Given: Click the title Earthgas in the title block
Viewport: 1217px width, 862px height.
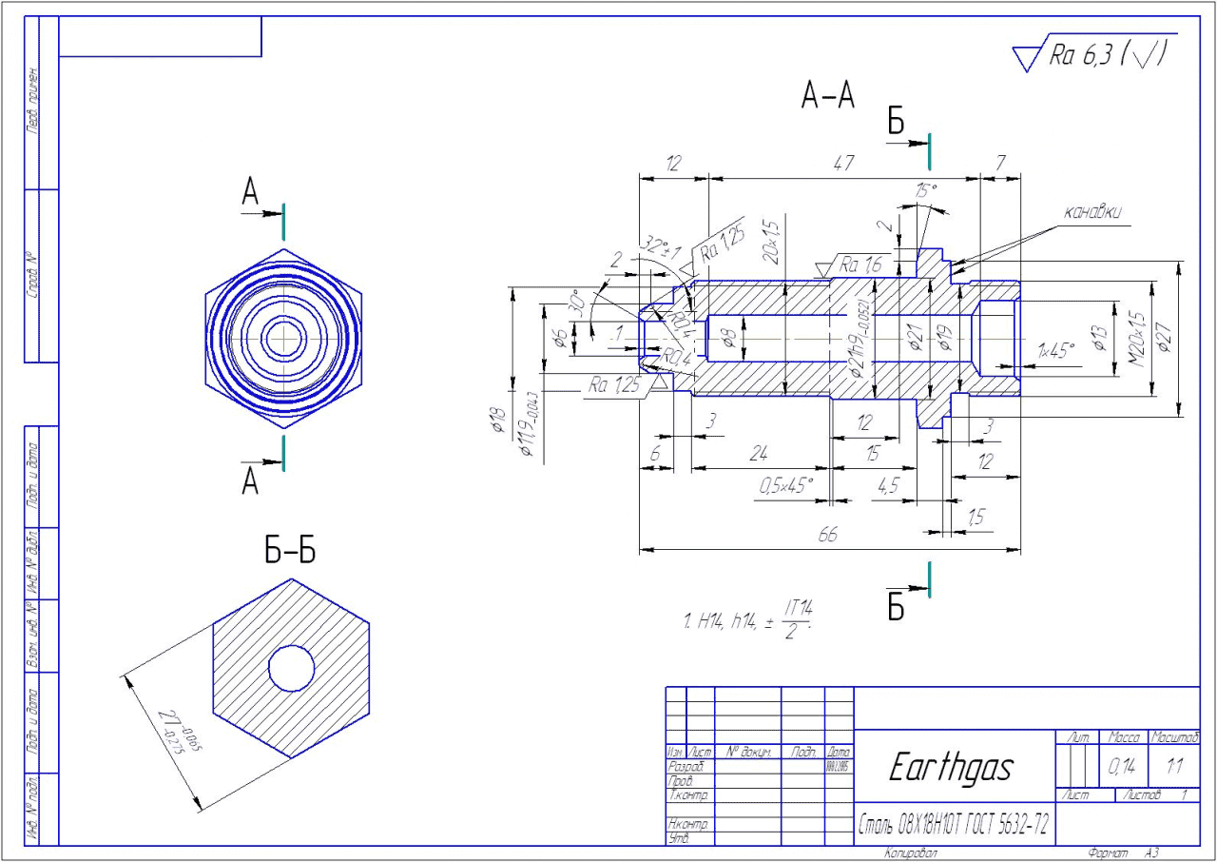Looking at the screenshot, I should click(x=950, y=768).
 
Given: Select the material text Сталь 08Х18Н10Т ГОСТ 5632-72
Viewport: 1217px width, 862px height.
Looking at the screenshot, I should click(x=954, y=825).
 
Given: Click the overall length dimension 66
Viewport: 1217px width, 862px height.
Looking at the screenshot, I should click(x=828, y=537).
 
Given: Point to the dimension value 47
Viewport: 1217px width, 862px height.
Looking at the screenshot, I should click(x=842, y=164).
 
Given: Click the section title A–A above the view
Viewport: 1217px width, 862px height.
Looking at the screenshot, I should click(x=827, y=96).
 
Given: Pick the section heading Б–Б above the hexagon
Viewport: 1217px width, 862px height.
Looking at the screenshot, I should click(x=290, y=551).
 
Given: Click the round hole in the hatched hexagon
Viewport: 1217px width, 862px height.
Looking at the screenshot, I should click(x=291, y=669).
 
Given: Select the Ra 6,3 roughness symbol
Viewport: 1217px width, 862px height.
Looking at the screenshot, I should click(x=1092, y=55).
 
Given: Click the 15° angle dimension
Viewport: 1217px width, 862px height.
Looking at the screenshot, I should click(x=925, y=190).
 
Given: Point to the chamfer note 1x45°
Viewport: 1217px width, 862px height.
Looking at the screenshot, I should click(x=1055, y=349).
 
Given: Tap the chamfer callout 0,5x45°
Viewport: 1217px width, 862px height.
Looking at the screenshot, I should click(x=785, y=486).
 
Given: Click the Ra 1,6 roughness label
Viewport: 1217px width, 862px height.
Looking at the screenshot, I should click(x=860, y=266).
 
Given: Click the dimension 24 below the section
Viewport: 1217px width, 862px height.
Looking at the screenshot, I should click(x=758, y=455).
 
